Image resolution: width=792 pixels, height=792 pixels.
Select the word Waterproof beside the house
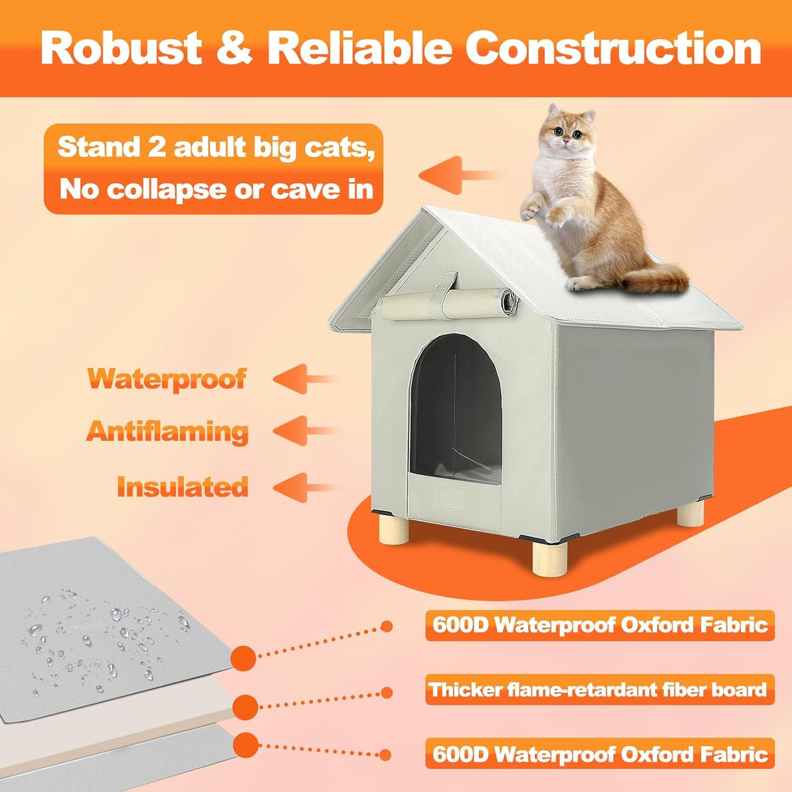[167, 378]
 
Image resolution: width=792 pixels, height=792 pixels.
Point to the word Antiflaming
[167, 431]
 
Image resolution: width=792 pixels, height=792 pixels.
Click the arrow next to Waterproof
[305, 379]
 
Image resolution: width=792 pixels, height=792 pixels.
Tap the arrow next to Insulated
[305, 487]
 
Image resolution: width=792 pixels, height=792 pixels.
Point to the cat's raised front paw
[530, 210]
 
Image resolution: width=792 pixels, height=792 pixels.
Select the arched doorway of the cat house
[455, 408]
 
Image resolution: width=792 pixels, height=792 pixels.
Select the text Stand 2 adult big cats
[216, 147]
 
